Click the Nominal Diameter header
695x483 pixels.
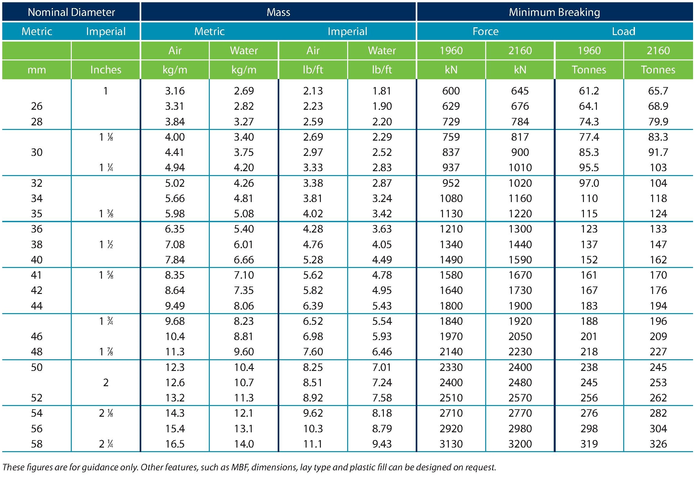click(71, 12)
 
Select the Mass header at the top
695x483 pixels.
click(278, 12)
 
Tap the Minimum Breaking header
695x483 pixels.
click(554, 12)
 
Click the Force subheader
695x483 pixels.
click(486, 31)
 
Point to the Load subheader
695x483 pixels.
click(624, 31)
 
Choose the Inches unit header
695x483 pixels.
click(106, 70)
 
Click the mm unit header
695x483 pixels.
click(37, 70)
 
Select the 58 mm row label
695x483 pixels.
click(37, 444)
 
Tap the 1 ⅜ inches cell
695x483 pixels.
click(106, 213)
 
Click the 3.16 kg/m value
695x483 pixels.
click(175, 91)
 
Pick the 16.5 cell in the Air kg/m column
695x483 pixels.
click(175, 444)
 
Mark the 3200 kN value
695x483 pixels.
click(520, 444)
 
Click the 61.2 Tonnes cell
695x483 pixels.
click(589, 91)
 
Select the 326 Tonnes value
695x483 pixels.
click(658, 444)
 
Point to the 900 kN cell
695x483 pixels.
click(520, 152)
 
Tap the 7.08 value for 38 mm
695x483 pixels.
click(175, 244)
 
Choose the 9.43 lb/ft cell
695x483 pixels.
click(382, 444)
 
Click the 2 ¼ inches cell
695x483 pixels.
click(106, 444)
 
